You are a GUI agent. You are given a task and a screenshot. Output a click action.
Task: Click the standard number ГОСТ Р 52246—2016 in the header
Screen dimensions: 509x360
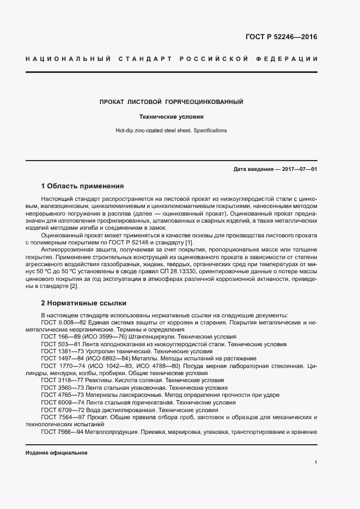(282, 38)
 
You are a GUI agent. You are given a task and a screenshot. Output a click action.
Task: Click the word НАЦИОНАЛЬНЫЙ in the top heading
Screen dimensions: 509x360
(68, 58)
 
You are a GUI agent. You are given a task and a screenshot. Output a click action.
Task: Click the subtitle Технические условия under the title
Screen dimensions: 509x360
(171, 116)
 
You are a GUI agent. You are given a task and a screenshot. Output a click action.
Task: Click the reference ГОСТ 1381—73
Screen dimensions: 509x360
(61, 351)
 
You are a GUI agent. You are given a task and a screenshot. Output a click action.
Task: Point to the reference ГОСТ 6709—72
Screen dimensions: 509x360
(61, 410)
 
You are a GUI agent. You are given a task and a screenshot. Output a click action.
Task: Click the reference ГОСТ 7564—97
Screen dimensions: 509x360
(61, 417)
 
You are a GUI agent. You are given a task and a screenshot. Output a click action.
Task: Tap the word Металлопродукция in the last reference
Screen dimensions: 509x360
(112, 432)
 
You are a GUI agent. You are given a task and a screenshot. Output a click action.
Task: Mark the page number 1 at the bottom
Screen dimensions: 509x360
(316, 463)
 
